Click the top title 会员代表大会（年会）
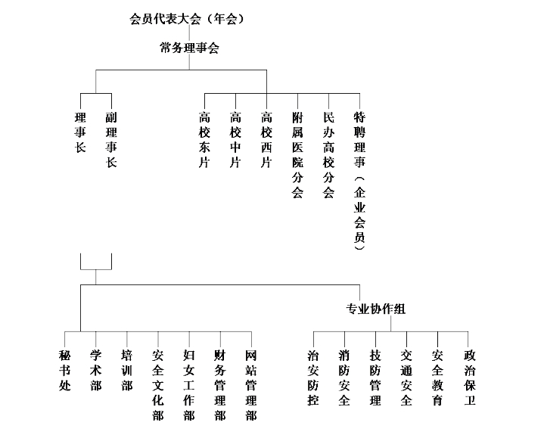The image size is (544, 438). [x=187, y=19]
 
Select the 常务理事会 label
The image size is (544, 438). [x=189, y=48]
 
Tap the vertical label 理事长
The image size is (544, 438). [x=80, y=132]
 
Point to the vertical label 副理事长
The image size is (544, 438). [x=111, y=140]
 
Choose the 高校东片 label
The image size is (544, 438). [x=204, y=140]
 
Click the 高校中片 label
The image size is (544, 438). [x=235, y=140]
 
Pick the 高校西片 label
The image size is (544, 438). [x=266, y=140]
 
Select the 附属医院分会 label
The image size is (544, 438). [x=297, y=154]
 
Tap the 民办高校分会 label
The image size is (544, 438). [x=328, y=154]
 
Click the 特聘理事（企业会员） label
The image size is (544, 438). [x=360, y=180]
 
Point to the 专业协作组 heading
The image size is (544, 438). [x=376, y=309]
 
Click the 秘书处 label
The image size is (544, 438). [x=65, y=371]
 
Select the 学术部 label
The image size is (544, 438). [x=96, y=371]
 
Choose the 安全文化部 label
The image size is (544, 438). [x=158, y=385]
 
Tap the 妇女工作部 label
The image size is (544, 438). [x=189, y=385]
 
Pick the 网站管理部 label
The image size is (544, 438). [x=251, y=385]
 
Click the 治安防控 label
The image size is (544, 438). [x=313, y=378]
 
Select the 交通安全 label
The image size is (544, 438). [x=406, y=378]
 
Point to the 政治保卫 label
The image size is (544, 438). [x=469, y=378]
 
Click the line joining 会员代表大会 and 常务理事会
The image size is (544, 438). [x=189, y=33]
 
